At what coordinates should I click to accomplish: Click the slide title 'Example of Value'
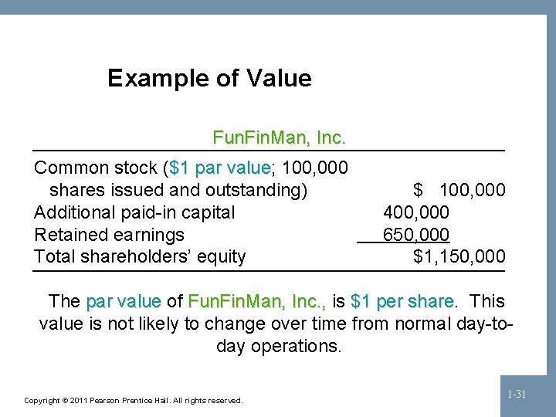click(209, 78)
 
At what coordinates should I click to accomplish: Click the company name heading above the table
click(279, 139)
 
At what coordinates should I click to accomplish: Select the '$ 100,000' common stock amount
click(459, 190)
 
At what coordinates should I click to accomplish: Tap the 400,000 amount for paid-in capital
click(416, 212)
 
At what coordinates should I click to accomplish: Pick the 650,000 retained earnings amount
click(416, 235)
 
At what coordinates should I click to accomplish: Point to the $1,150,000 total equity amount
click(459, 256)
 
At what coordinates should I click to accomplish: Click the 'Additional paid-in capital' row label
click(135, 212)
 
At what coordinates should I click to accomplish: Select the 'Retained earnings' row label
click(110, 235)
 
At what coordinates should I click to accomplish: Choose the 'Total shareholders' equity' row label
click(140, 256)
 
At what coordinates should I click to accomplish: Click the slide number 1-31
click(517, 395)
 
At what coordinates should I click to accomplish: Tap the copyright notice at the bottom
click(134, 401)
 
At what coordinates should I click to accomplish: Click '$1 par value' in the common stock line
click(219, 168)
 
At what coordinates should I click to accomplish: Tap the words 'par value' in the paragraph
click(124, 301)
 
